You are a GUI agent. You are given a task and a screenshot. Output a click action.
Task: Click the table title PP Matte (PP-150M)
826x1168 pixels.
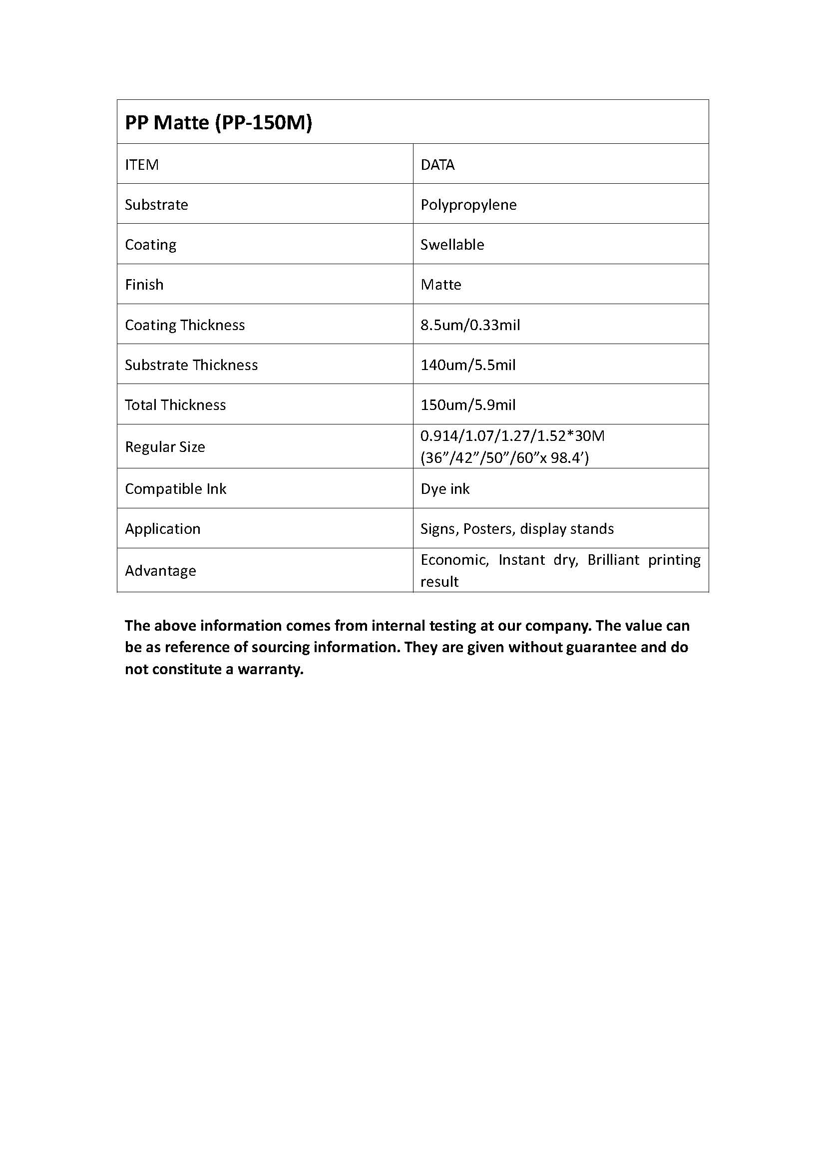pos(218,123)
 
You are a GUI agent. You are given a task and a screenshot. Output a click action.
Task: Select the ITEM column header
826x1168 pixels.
pos(142,165)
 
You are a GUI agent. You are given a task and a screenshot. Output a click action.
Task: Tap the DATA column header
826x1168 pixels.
pos(437,165)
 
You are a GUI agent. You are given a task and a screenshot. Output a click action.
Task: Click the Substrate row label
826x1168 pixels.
pos(156,205)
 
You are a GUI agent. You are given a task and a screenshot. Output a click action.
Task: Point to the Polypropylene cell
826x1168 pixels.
pos(468,205)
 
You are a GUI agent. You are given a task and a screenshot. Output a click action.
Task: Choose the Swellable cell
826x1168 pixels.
pos(452,245)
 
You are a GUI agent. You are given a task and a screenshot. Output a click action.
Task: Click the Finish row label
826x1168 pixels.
pos(144,284)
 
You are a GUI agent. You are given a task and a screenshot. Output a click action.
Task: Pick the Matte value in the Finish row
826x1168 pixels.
pos(441,284)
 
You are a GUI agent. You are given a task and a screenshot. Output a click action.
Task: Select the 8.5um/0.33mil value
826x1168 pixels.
pos(470,325)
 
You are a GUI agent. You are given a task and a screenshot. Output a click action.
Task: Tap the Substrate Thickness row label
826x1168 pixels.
pos(191,365)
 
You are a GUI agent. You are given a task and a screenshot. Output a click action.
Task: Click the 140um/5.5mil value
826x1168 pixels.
pos(468,365)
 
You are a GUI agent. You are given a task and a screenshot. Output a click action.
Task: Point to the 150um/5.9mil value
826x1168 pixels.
pos(468,405)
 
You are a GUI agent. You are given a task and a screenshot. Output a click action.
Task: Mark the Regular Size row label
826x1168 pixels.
pos(165,446)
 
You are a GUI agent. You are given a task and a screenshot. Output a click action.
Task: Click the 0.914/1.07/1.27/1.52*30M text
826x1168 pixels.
pos(512,436)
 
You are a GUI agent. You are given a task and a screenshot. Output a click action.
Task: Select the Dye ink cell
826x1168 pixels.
pos(445,489)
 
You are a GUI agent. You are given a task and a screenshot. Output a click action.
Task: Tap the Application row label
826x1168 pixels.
pos(163,529)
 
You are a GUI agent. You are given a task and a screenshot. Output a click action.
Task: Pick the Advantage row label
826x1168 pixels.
pos(160,571)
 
